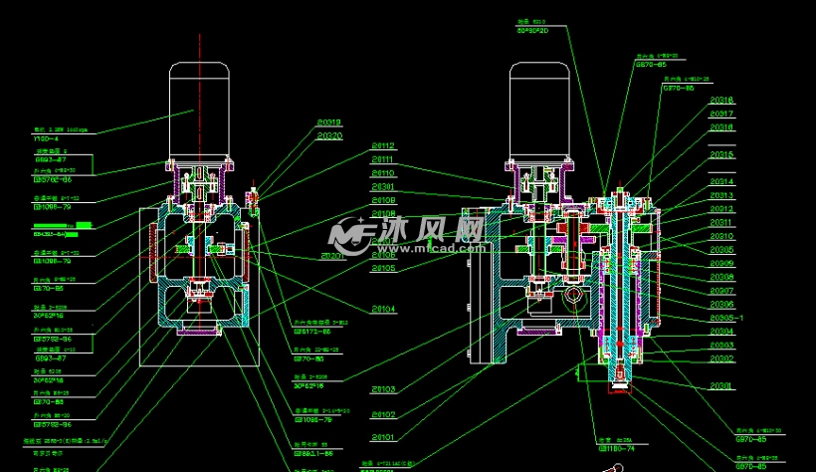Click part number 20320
[x=329, y=135]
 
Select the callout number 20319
[x=329, y=121]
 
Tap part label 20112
[x=383, y=145]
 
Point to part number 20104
[x=383, y=309]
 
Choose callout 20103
[x=383, y=388]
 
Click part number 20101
[x=383, y=437]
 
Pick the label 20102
[x=383, y=414]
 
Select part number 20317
[x=721, y=114]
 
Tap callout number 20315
[x=721, y=154]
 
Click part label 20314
[x=721, y=181]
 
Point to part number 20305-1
[x=725, y=318]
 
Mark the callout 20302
[x=721, y=358]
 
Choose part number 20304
[x=721, y=332]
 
